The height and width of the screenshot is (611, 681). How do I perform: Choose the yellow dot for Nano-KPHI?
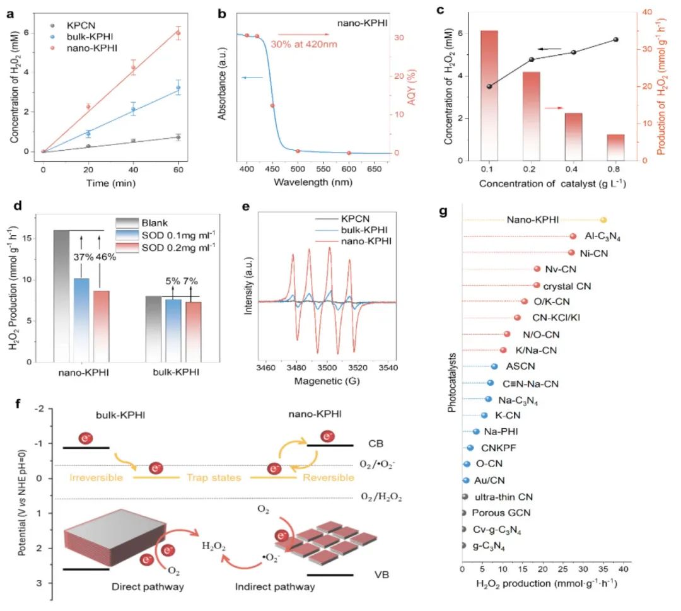[603, 220]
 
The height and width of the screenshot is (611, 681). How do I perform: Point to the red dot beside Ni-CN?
[571, 252]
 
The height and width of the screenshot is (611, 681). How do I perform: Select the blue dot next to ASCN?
[494, 366]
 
